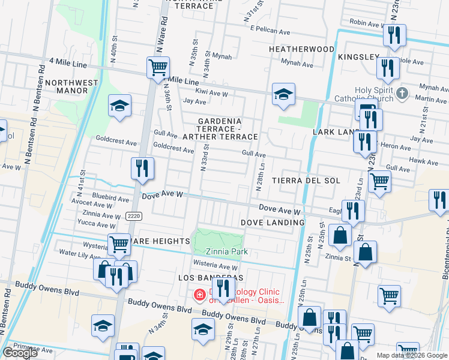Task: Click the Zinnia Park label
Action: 227,252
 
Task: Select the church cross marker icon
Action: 403,94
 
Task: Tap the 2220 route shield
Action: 134,216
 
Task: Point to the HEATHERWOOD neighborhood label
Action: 301,49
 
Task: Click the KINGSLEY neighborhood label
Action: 358,57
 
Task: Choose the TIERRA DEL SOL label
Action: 306,181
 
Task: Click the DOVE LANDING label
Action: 273,223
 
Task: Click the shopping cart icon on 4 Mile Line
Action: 158,67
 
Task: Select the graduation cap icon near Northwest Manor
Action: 119,106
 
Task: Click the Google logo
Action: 20,353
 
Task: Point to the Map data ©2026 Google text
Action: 412,355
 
